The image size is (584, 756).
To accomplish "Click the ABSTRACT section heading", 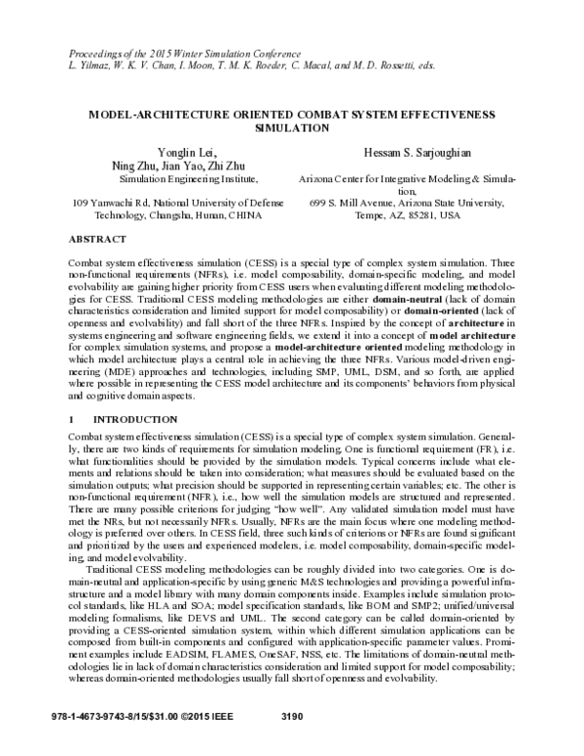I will [x=97, y=238].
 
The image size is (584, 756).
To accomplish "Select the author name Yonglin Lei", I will [x=175, y=152].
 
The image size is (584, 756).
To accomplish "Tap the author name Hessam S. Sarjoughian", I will [x=409, y=152].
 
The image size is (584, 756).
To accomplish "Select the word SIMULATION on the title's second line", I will [x=292, y=127].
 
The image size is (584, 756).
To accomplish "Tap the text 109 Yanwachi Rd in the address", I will [x=110, y=202].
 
